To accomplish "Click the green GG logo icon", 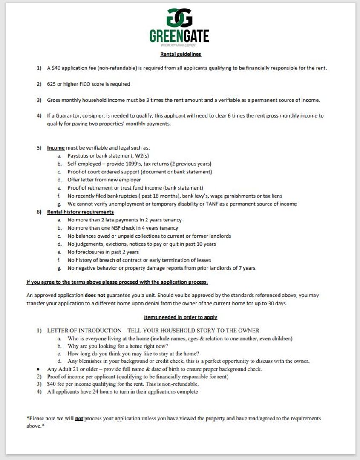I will (179, 17).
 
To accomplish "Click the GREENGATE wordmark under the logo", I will (179, 36).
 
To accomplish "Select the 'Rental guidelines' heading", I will (181, 54).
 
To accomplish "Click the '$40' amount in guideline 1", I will (58, 68).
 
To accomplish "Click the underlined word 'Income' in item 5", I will (56, 148).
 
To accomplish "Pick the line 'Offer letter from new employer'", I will (104, 180).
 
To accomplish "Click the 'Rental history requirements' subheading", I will (81, 212).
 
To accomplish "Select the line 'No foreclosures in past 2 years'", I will (103, 252).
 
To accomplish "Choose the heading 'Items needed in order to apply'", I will (181, 317).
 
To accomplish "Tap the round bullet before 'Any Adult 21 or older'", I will (38, 369).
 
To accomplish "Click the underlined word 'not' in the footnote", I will (79, 419).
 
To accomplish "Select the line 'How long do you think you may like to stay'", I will (133, 354).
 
